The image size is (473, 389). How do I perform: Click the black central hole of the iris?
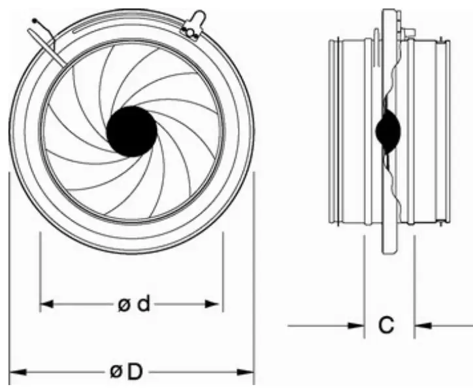[131, 131]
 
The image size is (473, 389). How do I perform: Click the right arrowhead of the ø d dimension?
[218, 305]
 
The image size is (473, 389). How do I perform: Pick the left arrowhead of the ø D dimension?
[13, 372]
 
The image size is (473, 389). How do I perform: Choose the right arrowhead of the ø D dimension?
[250, 372]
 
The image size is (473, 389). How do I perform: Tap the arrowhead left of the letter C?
[359, 324]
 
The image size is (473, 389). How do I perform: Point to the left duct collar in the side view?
[350, 131]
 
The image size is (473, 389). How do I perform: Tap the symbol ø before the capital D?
[116, 372]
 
